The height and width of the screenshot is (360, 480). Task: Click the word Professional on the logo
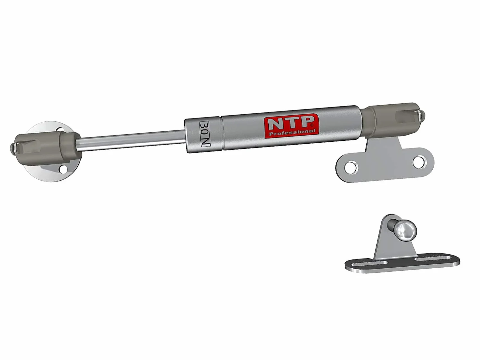point(293,132)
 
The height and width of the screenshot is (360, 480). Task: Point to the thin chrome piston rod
point(131,140)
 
